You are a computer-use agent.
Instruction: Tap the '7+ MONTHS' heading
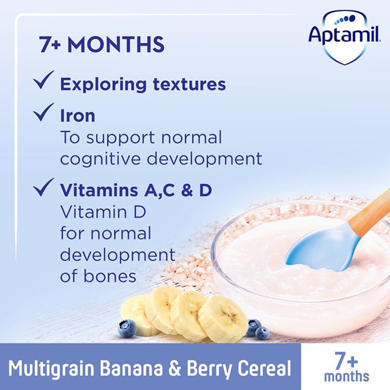[x=102, y=45]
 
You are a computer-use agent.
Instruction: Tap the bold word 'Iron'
[x=77, y=116]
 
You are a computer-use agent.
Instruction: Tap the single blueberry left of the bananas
[x=127, y=328]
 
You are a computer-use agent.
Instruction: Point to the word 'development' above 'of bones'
[x=117, y=255]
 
